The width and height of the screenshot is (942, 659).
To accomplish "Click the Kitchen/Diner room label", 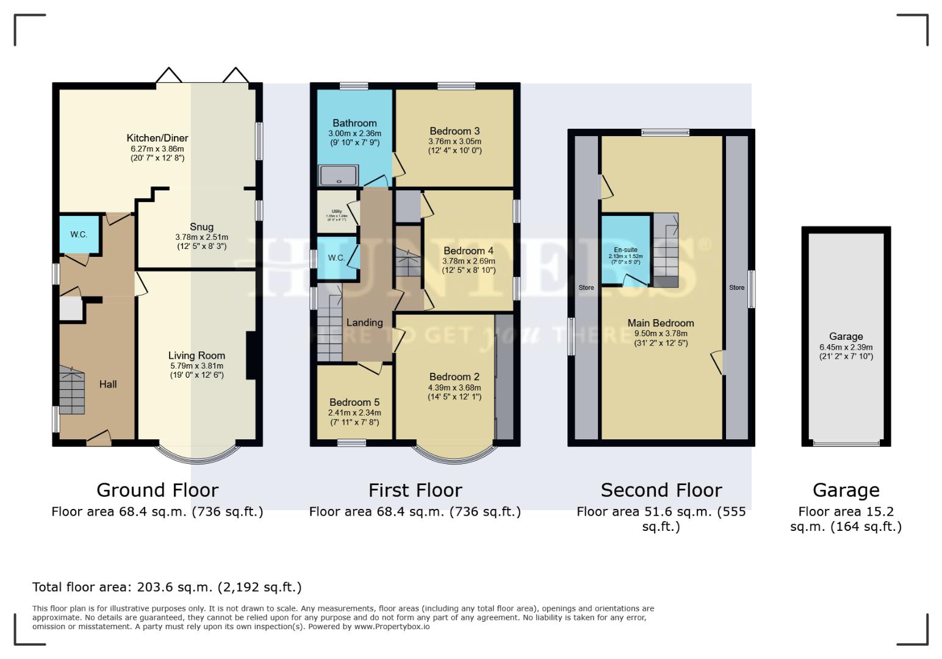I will coord(157,138).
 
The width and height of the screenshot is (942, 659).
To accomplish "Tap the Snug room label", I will coord(201,226).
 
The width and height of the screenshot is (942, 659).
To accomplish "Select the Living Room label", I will coord(196,355).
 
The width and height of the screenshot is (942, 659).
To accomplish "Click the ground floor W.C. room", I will coord(79,234).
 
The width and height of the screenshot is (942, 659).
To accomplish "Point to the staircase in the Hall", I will coord(72,391).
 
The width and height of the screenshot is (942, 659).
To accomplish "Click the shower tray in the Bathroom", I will coord(339,175).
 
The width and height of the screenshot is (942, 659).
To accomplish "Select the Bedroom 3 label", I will coord(455,131).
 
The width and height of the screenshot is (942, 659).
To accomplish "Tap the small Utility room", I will coord(336,213).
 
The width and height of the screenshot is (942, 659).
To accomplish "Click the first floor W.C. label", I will coord(336,257).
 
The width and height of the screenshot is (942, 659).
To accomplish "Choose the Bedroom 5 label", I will coord(354,402).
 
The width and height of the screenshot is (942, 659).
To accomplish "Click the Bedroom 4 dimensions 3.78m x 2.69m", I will coord(469,261).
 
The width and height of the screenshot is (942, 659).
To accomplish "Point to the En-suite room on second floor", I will coord(625,250).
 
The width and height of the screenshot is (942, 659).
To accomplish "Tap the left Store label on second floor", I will coord(586,287).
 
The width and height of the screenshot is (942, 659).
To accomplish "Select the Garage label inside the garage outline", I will coord(846,336).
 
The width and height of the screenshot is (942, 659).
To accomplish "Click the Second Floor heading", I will coord(661,490).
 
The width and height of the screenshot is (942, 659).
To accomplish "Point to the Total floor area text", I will coord(167,587).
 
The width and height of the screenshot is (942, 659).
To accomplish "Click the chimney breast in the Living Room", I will coord(250,356).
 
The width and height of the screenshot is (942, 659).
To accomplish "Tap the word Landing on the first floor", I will coord(364,322).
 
